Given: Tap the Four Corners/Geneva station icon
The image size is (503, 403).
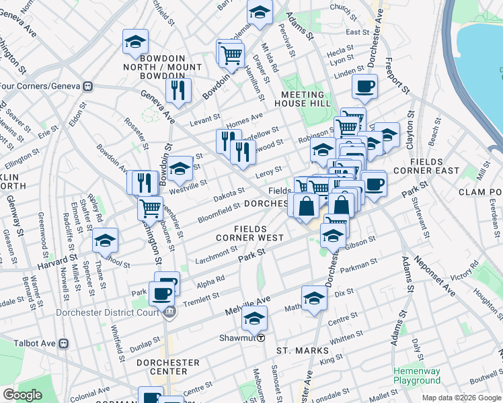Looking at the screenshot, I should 87,87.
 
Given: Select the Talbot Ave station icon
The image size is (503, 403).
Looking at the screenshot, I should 64,343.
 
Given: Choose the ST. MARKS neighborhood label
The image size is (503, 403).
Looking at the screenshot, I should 302,351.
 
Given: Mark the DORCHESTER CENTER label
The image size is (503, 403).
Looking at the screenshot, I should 167,367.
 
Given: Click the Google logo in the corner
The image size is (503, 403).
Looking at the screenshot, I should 22,395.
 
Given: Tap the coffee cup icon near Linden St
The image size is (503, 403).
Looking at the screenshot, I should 364,86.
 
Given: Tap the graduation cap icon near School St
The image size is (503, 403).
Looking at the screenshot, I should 105,240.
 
